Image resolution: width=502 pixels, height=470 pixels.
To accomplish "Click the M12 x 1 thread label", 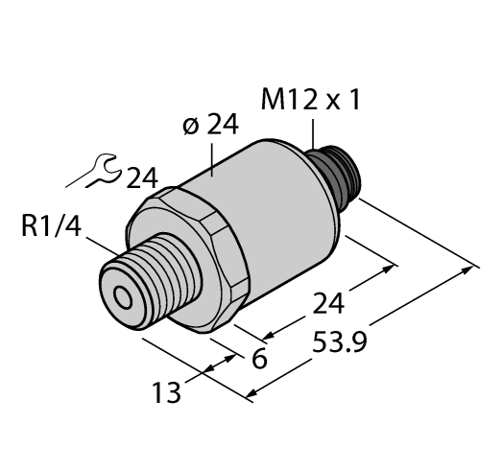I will coord(313,100).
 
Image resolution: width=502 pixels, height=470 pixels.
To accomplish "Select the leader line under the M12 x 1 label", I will coord(316,133).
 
